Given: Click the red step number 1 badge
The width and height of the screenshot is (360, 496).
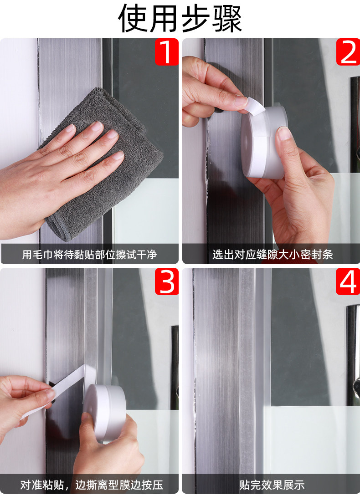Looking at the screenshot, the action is pyautogui.click(x=166, y=52).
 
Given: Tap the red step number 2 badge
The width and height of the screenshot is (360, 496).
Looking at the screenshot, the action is pyautogui.click(x=348, y=52).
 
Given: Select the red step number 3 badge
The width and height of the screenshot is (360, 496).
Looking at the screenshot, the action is pyautogui.click(x=166, y=281).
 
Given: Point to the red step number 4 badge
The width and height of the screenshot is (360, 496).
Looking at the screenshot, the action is pyautogui.click(x=348, y=281).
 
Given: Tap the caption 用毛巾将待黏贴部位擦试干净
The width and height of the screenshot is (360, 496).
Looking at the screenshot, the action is pyautogui.click(x=89, y=254).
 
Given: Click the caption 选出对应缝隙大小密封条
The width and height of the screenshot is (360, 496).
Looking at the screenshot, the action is pyautogui.click(x=273, y=254).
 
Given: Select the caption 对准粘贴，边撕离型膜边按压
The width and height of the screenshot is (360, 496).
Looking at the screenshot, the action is pyautogui.click(x=92, y=485).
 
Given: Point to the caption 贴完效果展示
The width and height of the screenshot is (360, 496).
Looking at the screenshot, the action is pyautogui.click(x=272, y=485).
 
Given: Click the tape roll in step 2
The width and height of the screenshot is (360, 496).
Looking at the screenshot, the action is pyautogui.click(x=263, y=143).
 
